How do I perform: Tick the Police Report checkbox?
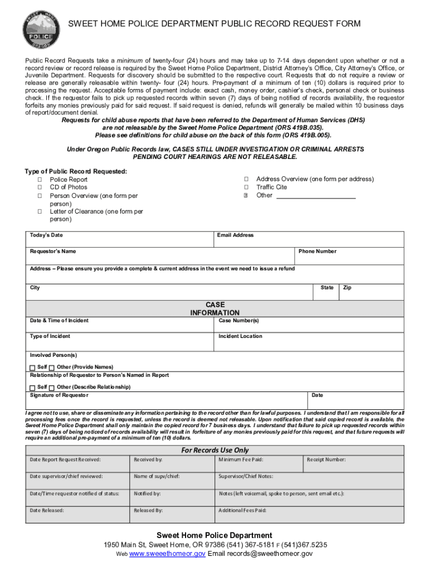pyautogui.click(x=40, y=180)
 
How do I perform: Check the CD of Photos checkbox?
pyautogui.click(x=40, y=187)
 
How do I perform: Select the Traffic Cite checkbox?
pyautogui.click(x=246, y=187)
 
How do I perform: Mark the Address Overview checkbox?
pyautogui.click(x=246, y=179)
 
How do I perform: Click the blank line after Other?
pyautogui.click(x=316, y=196)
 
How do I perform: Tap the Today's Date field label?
pyautogui.click(x=46, y=235)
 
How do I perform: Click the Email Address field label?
pyautogui.click(x=236, y=235)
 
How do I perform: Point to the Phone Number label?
pyautogui.click(x=318, y=251)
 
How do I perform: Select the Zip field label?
pyautogui.click(x=347, y=288)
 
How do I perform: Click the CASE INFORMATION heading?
pyautogui.click(x=215, y=309)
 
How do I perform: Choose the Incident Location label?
pyautogui.click(x=240, y=336)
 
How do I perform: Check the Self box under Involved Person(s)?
pyautogui.click(x=32, y=367)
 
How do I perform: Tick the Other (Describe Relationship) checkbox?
pyautogui.click(x=52, y=388)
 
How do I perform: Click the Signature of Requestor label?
pyautogui.click(x=59, y=395)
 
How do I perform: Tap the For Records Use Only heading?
pyautogui.click(x=215, y=450)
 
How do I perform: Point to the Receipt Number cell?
pyautogui.click(x=326, y=459)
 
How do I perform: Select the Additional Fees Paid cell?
pyautogui.click(x=243, y=510)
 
